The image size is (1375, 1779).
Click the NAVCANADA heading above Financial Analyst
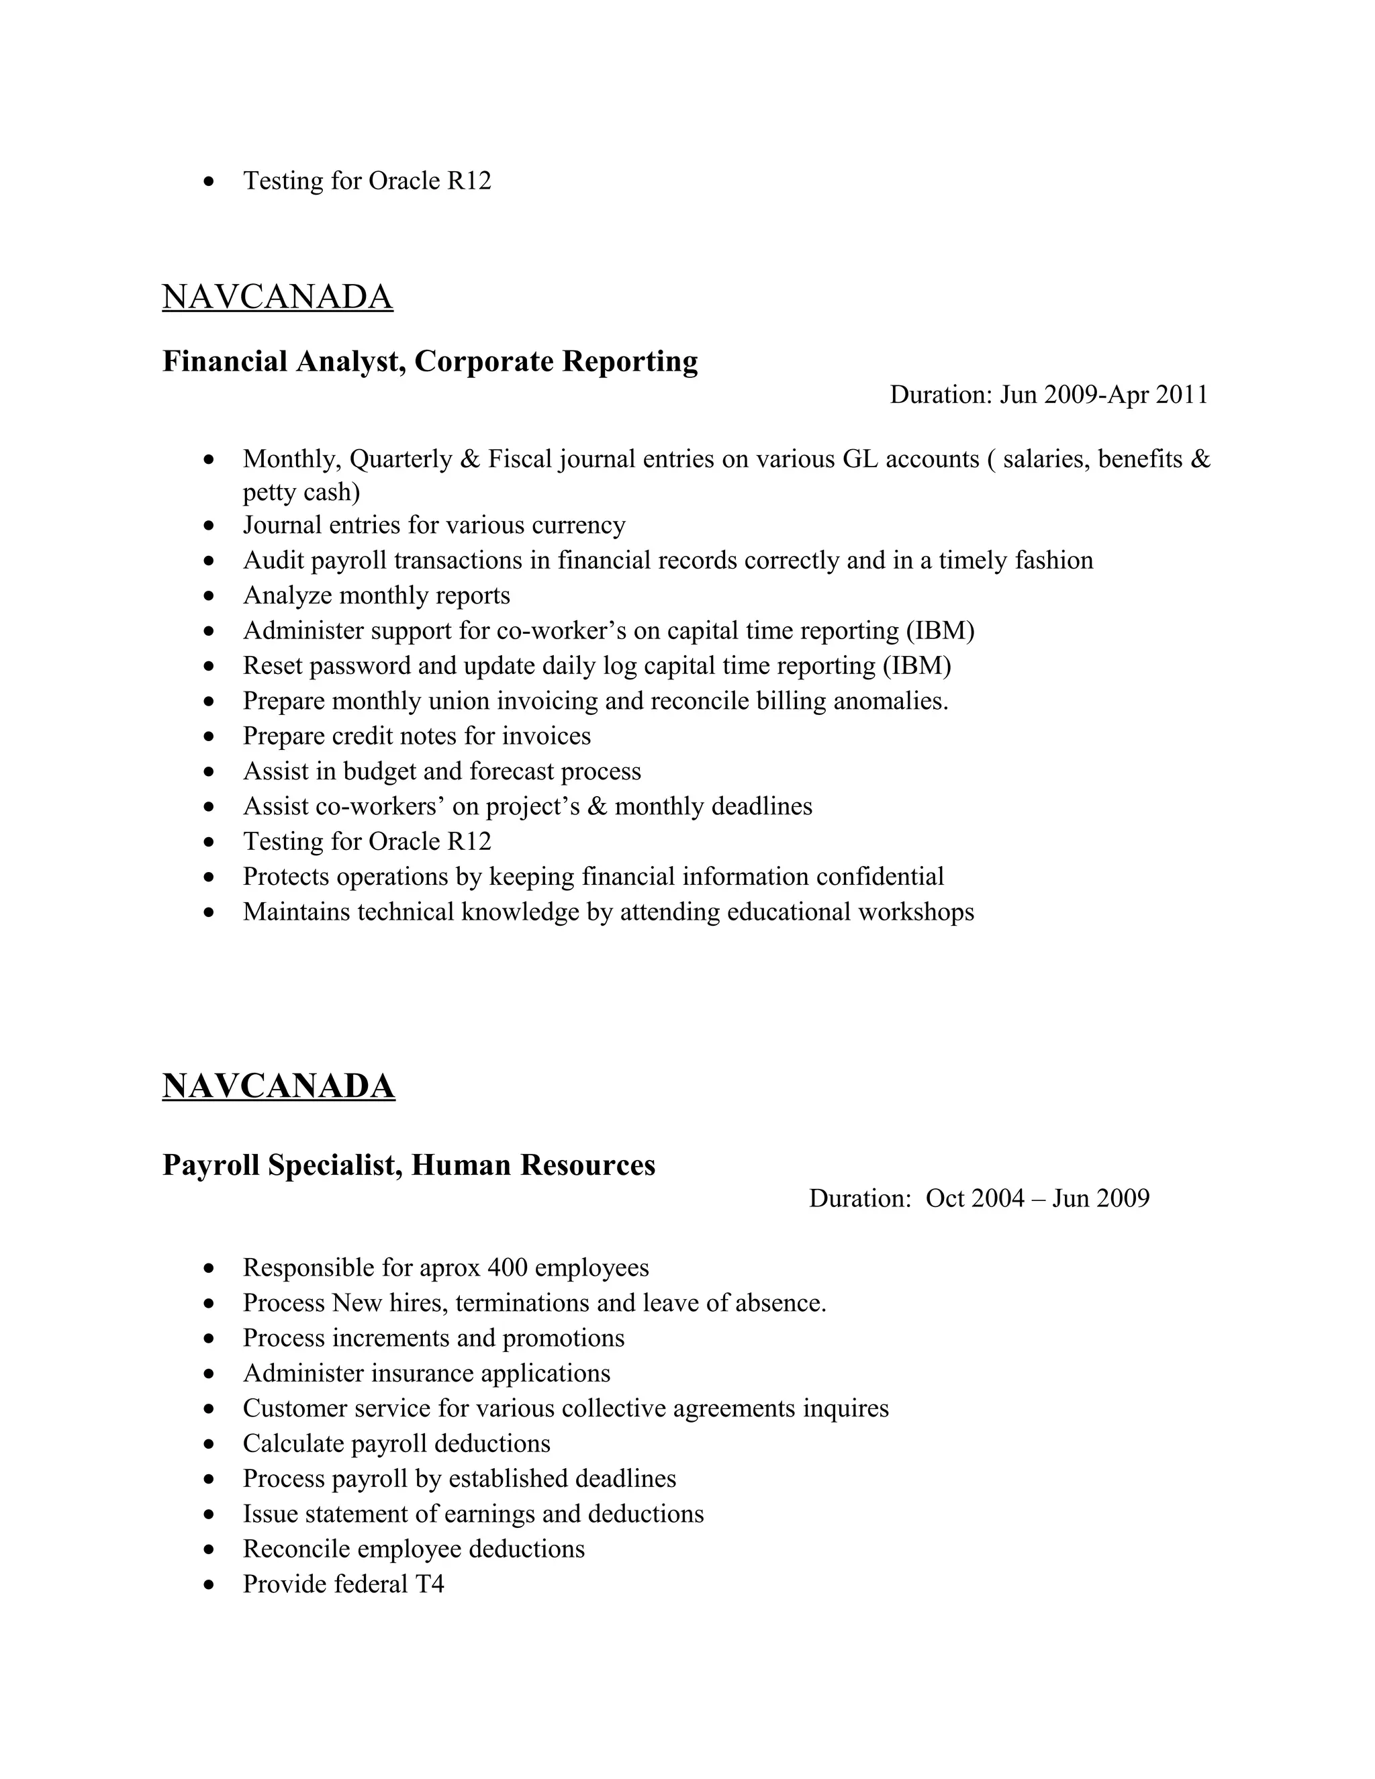click(277, 297)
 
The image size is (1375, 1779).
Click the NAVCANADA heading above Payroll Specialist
click(279, 1087)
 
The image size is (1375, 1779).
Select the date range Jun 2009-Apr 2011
click(1104, 395)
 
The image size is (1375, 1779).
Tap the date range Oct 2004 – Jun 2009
click(1037, 1198)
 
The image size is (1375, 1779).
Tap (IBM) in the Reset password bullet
click(916, 667)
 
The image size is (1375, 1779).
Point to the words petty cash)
click(301, 492)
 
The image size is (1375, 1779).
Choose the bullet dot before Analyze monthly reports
click(210, 596)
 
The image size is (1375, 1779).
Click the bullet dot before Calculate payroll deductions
click(210, 1444)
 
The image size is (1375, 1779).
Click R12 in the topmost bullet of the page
click(469, 181)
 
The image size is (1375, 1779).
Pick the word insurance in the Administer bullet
click(422, 1374)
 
